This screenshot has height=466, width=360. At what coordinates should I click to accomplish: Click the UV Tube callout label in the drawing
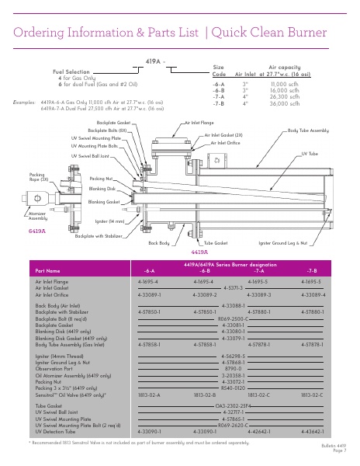point(309,155)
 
